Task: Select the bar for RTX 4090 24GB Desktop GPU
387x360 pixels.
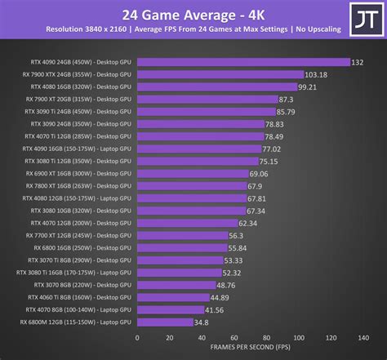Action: [x=243, y=62]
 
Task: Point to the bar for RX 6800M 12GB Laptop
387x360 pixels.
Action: [x=164, y=322]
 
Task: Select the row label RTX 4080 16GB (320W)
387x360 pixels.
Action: [x=80, y=87]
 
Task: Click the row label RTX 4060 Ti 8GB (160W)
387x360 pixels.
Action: [x=80, y=297]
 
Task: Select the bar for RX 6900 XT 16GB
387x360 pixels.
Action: [x=192, y=173]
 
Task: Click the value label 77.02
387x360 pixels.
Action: [x=271, y=149]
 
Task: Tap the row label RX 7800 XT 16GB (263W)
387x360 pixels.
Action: [x=80, y=185]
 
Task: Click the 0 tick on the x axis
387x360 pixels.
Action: [x=137, y=337]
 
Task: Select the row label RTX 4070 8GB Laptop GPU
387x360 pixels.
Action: [x=80, y=309]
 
